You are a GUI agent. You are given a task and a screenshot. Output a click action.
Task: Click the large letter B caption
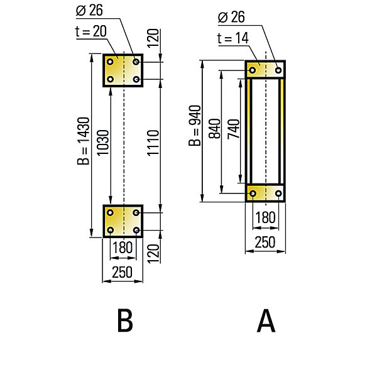click(125, 320)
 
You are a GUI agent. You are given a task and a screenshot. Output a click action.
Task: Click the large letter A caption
click(266, 320)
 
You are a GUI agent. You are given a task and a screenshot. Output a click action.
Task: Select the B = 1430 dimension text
click(83, 141)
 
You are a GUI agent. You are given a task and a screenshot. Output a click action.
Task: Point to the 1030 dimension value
click(103, 143)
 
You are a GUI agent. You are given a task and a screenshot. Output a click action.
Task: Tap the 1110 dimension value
click(153, 143)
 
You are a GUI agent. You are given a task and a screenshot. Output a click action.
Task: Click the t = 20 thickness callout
click(91, 31)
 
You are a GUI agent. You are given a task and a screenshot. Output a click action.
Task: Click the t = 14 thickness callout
click(232, 38)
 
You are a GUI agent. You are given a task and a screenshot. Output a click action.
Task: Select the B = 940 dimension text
click(195, 126)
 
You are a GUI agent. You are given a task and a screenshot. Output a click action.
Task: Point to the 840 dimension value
click(214, 129)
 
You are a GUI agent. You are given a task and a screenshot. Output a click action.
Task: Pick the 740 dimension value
click(234, 129)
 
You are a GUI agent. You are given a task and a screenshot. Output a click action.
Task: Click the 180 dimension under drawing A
click(265, 217)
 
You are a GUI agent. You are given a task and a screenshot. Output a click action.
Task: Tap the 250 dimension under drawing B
click(123, 272)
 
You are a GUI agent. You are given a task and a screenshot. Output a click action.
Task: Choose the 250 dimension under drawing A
click(265, 242)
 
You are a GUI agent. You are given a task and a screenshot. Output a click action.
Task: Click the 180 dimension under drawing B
click(123, 248)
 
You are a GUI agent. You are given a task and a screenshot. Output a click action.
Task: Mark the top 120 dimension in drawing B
click(153, 38)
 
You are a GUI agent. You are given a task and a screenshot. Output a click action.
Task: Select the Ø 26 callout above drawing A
click(231, 17)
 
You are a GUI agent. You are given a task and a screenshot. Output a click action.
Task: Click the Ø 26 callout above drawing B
click(89, 10)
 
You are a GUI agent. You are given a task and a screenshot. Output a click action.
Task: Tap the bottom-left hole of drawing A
click(253, 194)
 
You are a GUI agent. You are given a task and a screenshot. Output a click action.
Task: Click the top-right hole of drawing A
click(278, 70)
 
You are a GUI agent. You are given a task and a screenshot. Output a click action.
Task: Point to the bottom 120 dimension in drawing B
click(153, 254)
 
